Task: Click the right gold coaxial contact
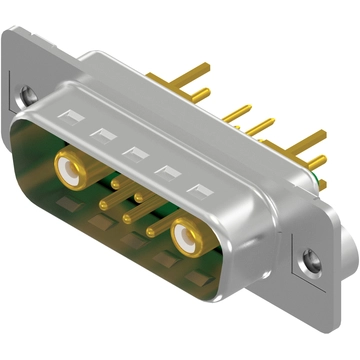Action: click(186, 236)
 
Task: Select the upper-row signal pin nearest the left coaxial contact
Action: click(115, 183)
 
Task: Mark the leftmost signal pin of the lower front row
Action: click(106, 203)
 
